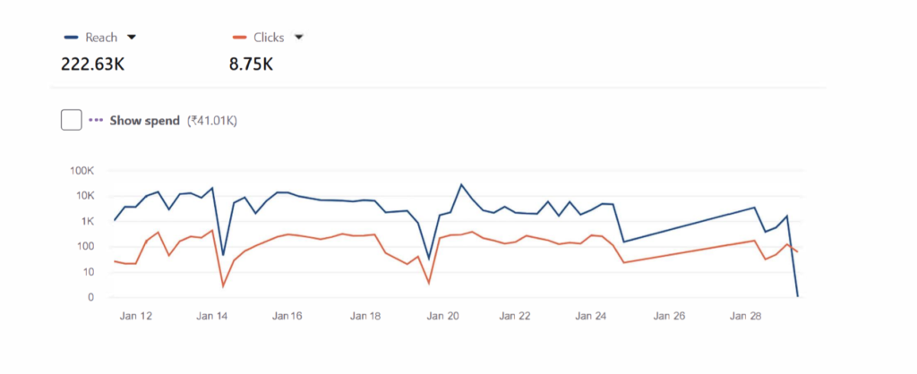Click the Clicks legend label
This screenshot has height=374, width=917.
coord(270,38)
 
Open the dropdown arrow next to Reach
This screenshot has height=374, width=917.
coord(132,38)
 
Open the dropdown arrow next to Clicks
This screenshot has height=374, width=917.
coord(299,38)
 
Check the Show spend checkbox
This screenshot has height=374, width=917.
coord(72,119)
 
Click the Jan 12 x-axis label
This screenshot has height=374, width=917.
coord(135,316)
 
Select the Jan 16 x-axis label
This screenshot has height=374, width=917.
coord(287,316)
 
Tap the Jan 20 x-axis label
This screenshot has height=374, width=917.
coord(441,316)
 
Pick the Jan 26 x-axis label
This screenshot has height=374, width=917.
coord(670,316)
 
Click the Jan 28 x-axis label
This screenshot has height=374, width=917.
coord(746,316)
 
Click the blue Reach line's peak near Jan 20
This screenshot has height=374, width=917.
coord(461,185)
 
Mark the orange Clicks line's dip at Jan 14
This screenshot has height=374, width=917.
coord(222,286)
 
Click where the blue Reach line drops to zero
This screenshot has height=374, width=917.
coord(797,296)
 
